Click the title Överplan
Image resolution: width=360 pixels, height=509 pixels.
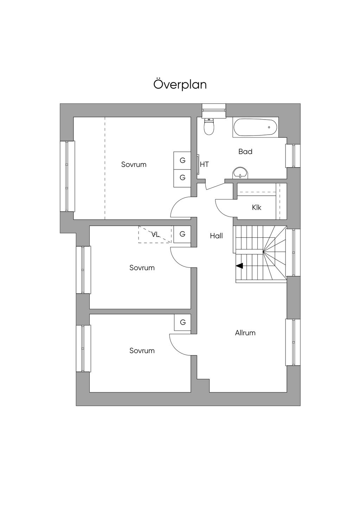click(x=180, y=85)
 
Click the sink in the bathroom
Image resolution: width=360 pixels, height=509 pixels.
click(x=240, y=173)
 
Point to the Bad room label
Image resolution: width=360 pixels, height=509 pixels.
click(x=245, y=152)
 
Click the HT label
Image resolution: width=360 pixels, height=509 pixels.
click(x=205, y=164)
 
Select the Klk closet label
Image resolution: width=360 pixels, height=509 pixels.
click(x=257, y=207)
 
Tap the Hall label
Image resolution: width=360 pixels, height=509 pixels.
click(x=216, y=236)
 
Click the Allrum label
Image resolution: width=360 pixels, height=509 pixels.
click(x=245, y=333)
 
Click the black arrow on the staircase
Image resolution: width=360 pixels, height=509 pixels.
click(x=239, y=266)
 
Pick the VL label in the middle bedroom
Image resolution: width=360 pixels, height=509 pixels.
click(x=155, y=234)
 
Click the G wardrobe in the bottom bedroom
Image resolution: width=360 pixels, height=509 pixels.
click(x=183, y=322)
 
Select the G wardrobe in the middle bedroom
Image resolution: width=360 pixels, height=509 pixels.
click(x=182, y=234)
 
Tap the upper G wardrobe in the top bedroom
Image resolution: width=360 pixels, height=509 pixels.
click(x=182, y=160)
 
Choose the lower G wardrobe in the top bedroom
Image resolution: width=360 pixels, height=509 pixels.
click(x=182, y=178)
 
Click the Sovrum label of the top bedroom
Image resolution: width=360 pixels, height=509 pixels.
click(x=134, y=165)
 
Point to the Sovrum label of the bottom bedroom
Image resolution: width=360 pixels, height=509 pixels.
click(x=142, y=350)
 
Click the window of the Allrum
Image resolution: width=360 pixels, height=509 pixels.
click(x=292, y=342)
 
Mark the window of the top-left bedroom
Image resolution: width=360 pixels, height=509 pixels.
click(x=67, y=176)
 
